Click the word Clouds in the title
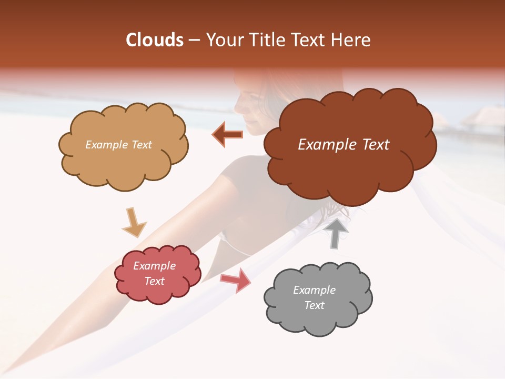click(155, 40)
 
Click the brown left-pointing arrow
click(228, 135)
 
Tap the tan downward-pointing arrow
click(134, 222)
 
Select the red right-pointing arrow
click(236, 280)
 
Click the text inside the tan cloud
click(118, 145)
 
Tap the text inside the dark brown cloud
click(344, 145)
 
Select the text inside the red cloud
click(155, 273)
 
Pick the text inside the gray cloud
click(314, 297)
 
